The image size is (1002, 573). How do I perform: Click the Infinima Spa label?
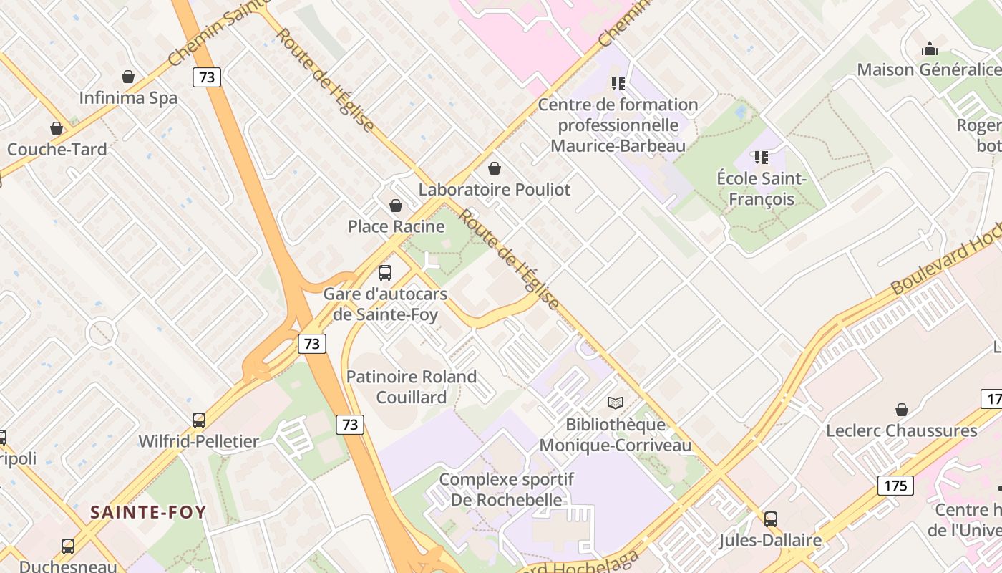(x=128, y=98)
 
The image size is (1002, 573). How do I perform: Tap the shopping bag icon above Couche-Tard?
(x=57, y=128)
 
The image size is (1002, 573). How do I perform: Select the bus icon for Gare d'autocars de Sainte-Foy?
(x=385, y=273)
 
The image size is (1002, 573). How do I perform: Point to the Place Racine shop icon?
(x=396, y=206)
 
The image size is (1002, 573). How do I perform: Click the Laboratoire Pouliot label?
(x=495, y=190)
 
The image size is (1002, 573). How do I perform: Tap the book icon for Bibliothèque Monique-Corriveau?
(x=616, y=403)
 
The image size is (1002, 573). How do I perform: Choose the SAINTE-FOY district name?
(x=148, y=512)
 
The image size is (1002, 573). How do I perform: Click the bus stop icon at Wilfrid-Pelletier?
(x=199, y=420)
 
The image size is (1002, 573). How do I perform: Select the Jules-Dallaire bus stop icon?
(x=771, y=519)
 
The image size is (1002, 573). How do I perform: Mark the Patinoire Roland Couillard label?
(x=412, y=387)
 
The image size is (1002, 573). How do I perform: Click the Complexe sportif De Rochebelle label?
(x=507, y=489)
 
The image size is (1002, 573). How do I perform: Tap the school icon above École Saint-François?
(x=762, y=157)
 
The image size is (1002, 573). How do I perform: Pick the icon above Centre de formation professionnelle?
(x=618, y=84)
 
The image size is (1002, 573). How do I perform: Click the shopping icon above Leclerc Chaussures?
(x=902, y=410)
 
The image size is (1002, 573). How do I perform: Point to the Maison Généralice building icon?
(x=930, y=49)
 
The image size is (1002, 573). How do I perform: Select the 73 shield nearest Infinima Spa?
(x=207, y=77)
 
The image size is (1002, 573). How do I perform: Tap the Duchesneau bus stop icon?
(x=68, y=546)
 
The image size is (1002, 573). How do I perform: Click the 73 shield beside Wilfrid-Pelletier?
(x=350, y=425)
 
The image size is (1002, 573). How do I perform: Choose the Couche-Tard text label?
(x=57, y=150)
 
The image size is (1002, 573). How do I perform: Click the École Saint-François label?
(x=762, y=189)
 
